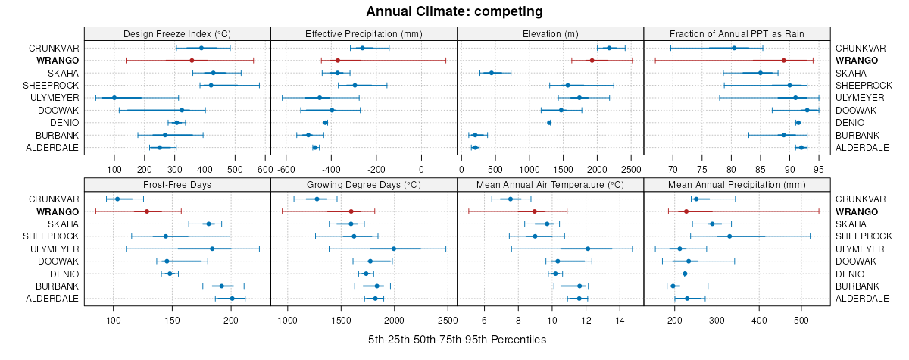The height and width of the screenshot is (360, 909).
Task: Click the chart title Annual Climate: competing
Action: (x=454, y=11)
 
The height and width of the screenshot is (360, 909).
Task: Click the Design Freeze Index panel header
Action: (x=177, y=33)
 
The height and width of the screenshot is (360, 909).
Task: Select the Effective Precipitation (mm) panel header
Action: (x=364, y=33)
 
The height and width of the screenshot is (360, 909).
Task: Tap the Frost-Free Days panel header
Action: (x=177, y=184)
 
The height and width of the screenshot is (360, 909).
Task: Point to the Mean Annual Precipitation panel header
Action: (x=737, y=184)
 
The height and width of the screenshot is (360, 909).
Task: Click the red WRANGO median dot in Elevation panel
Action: (x=592, y=60)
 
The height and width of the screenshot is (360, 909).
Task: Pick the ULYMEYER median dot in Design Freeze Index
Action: (x=114, y=98)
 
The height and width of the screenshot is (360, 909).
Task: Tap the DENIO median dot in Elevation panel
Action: (x=549, y=122)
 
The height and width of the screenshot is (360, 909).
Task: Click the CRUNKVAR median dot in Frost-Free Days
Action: (x=117, y=199)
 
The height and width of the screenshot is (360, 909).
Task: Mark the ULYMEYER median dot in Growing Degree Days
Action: (x=394, y=249)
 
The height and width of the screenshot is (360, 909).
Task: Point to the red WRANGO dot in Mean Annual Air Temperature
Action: (x=534, y=211)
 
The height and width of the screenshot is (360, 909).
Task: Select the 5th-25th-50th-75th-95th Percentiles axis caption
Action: (x=457, y=340)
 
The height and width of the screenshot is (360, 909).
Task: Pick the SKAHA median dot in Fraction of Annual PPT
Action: (x=761, y=73)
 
